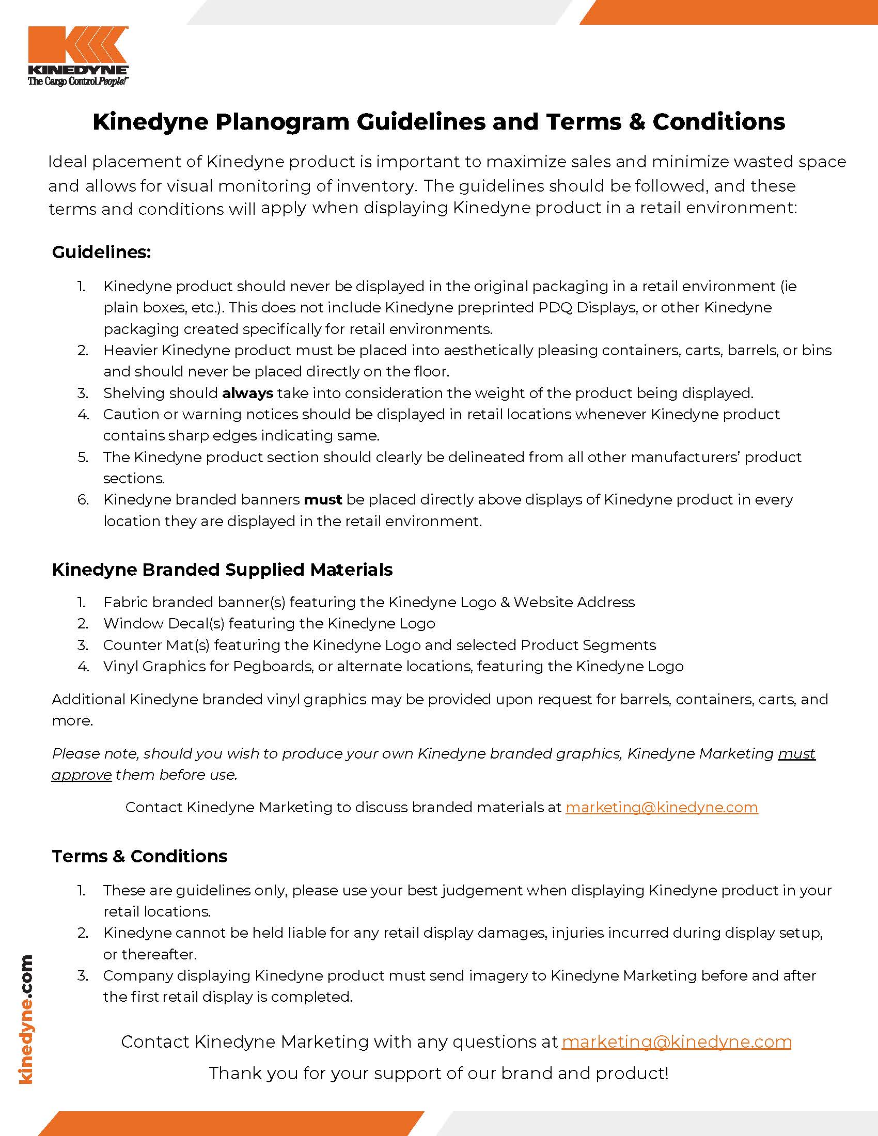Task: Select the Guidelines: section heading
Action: (x=101, y=253)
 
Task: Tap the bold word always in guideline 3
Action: (x=247, y=393)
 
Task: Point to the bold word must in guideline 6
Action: (x=322, y=500)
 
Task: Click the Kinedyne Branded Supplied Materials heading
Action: (x=222, y=570)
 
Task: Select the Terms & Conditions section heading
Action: (x=139, y=856)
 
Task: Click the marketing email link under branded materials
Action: (x=662, y=807)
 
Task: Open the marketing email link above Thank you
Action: (x=676, y=1042)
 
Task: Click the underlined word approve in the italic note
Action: (x=82, y=775)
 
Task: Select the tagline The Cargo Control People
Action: (x=78, y=81)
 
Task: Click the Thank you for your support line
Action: (x=438, y=1073)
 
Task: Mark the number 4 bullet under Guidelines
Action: (x=83, y=415)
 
